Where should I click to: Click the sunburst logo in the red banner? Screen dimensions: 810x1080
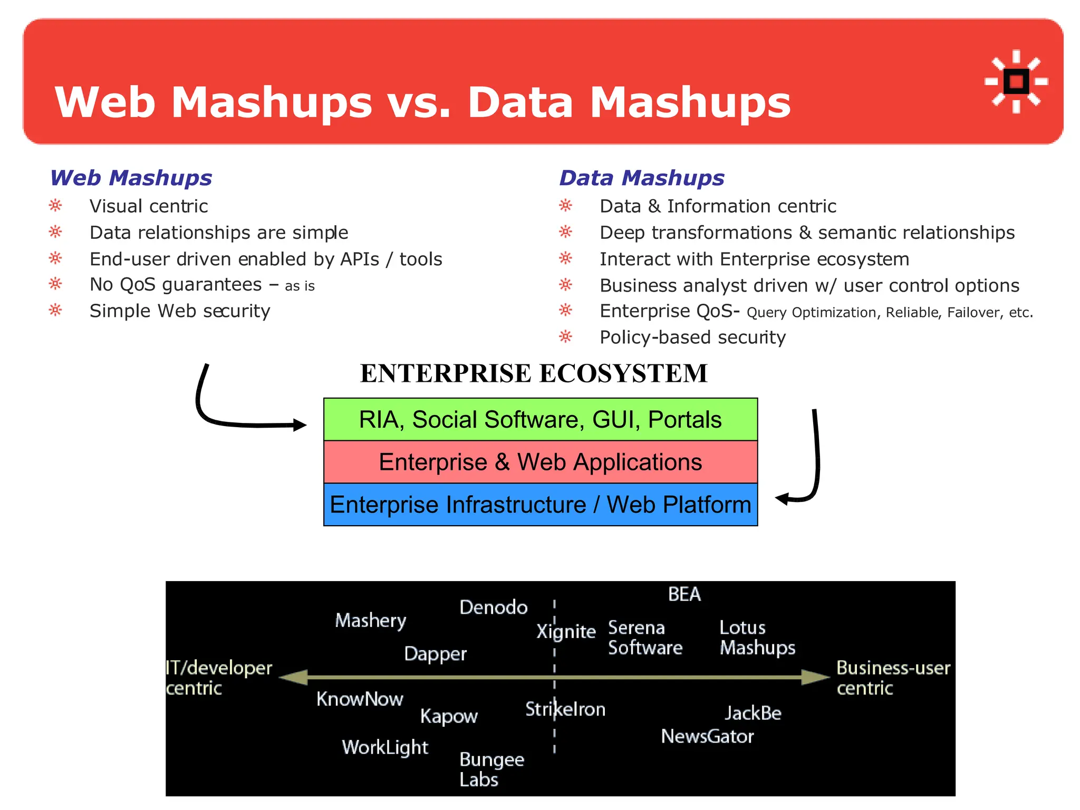1016,82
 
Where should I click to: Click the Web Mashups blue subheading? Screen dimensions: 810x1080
131,178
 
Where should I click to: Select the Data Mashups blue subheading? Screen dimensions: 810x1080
641,178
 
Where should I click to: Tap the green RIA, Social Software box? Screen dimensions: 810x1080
540,420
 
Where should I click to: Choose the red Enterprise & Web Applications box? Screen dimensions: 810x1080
540,462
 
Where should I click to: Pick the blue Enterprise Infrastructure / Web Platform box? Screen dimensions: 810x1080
540,505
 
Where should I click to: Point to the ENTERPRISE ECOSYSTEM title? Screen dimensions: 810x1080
533,373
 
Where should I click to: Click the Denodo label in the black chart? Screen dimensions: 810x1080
493,607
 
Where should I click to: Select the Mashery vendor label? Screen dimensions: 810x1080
371,621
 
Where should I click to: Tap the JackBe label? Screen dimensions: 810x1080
753,713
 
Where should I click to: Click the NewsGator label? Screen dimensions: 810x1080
707,736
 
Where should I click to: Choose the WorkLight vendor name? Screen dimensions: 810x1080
385,747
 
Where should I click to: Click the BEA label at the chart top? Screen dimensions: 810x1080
684,594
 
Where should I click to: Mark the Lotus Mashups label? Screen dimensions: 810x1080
757,638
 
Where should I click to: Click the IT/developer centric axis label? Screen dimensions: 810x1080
218,678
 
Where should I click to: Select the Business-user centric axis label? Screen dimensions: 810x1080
893,678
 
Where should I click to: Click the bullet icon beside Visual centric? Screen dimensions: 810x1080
55,206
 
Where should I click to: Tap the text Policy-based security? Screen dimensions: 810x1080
692,337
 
